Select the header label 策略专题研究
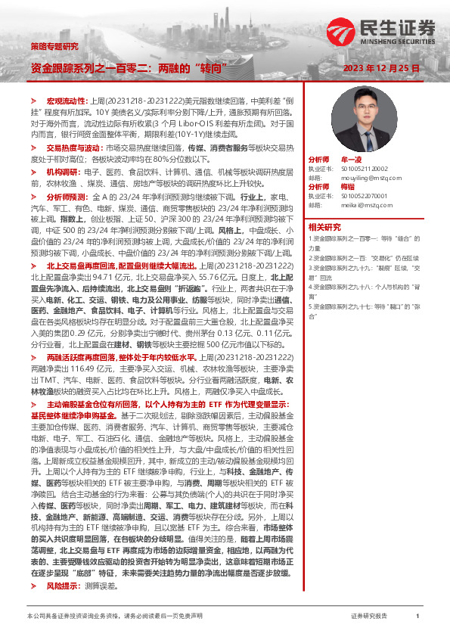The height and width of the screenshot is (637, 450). pos(54,47)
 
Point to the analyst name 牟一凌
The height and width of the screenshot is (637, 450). pos(352,160)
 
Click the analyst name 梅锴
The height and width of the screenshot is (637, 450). pos(348,186)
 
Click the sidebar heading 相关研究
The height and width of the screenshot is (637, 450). pos(324,226)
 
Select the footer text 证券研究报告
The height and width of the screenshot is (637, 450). pos(369,617)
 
